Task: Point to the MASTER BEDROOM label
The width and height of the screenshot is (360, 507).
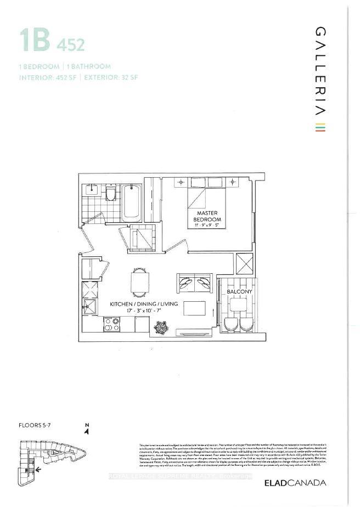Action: click(206, 217)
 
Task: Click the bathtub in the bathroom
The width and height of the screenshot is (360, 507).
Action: click(132, 202)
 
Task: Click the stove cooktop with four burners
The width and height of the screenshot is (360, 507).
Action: click(112, 325)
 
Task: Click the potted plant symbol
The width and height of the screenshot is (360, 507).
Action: click(160, 327)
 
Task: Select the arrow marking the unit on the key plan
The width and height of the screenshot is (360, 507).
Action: click(36, 469)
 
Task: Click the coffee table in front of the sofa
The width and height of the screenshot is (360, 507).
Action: click(193, 308)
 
